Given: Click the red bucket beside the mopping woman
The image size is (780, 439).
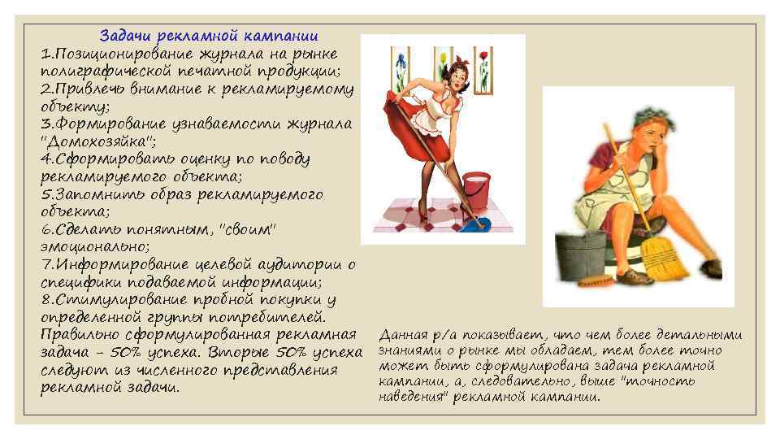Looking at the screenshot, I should click(x=477, y=189).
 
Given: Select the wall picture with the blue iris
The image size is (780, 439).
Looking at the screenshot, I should click(x=400, y=67).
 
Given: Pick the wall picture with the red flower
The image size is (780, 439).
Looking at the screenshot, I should click(x=483, y=67).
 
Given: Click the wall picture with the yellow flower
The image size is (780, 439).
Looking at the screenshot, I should click(x=442, y=65).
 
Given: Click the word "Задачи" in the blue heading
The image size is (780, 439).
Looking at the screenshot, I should click(x=127, y=36).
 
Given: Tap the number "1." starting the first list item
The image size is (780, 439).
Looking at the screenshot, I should click(x=46, y=54).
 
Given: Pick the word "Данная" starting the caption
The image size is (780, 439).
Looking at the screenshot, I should click(x=403, y=335).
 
